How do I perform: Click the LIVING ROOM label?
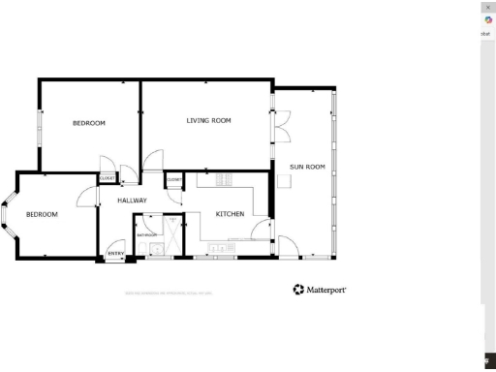click(208, 121)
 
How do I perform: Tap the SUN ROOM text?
click(307, 167)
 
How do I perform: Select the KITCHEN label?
click(229, 214)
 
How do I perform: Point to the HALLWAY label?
click(132, 201)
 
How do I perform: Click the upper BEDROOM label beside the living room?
click(89, 123)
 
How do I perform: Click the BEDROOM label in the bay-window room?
click(42, 214)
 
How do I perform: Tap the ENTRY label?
click(115, 255)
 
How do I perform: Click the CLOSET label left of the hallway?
click(108, 178)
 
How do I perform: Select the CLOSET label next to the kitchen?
click(174, 179)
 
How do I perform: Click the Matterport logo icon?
click(298, 290)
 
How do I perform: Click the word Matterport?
click(326, 290)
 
